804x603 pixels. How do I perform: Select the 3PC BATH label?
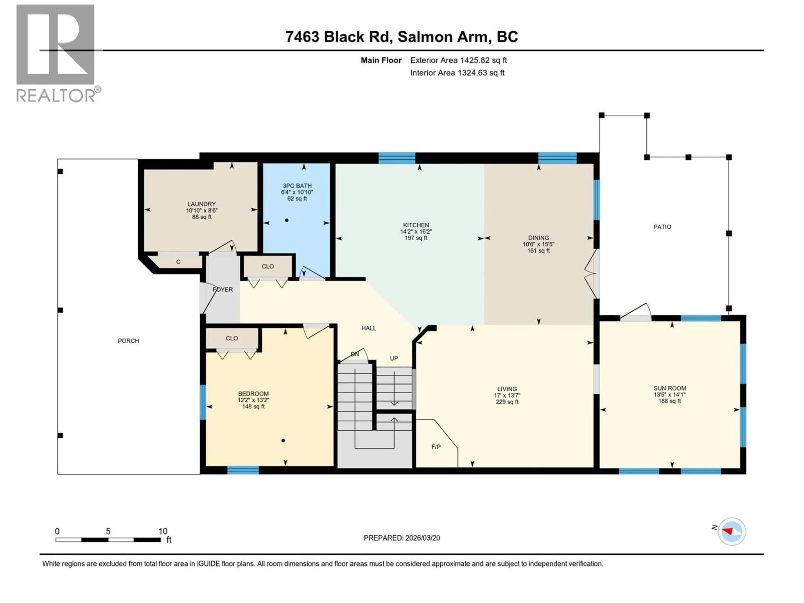[x=297, y=186]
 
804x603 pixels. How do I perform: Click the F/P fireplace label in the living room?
[x=436, y=447]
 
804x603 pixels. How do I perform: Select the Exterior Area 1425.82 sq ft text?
[x=458, y=60]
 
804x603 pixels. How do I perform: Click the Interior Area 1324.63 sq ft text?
[x=457, y=73]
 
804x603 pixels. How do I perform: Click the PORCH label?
[x=128, y=341]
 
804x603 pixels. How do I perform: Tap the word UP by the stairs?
[x=394, y=358]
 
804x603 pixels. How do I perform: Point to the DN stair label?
[x=355, y=354]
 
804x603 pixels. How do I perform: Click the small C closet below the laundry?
[x=178, y=262]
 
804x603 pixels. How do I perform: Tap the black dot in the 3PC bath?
[x=287, y=220]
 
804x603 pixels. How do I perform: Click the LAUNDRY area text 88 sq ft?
[x=202, y=217]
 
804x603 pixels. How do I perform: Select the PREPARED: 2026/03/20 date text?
[x=402, y=538]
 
